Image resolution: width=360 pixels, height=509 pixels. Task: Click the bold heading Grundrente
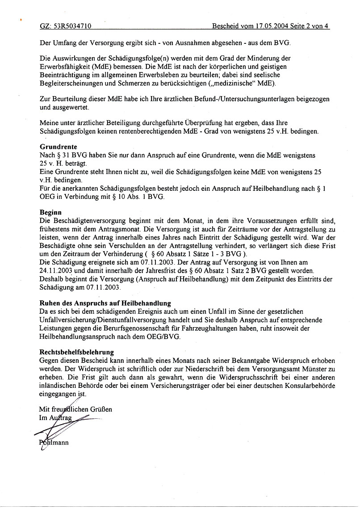coord(59,147)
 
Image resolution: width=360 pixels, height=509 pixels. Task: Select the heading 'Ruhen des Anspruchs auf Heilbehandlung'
coord(105,303)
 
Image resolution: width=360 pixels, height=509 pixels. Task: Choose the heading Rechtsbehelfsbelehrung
coord(77,352)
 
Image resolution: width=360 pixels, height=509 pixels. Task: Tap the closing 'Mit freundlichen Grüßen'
coord(75,409)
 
